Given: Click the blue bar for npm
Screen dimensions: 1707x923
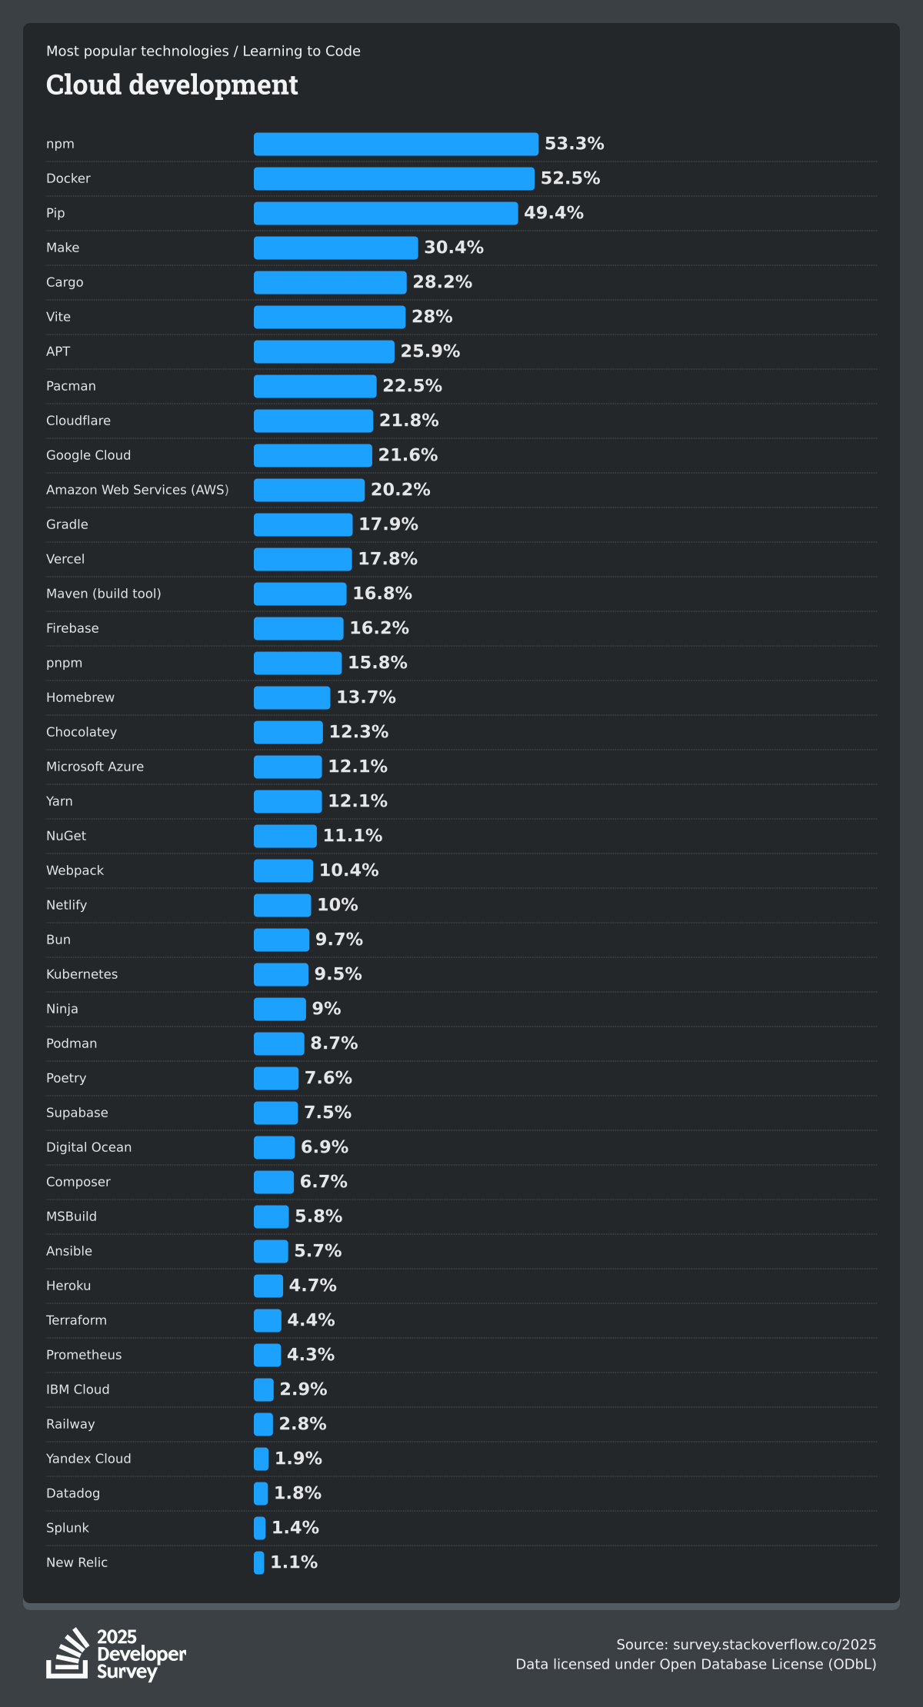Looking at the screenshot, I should (x=395, y=144).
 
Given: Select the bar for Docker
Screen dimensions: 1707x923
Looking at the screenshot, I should (x=394, y=178).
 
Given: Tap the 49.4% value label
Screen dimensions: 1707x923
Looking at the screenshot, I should (x=553, y=213).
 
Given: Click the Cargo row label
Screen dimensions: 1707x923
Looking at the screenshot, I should (x=65, y=282).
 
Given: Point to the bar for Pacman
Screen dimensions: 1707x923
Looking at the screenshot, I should (x=315, y=386).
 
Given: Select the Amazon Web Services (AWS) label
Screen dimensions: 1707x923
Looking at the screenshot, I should (x=137, y=490).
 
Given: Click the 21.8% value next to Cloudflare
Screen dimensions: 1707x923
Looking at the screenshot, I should (x=408, y=421).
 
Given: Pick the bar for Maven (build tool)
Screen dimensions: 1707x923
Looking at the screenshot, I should (x=300, y=594).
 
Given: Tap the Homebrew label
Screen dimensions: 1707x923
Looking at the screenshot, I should (x=80, y=697).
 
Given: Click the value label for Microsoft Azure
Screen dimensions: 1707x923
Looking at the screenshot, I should (x=358, y=767).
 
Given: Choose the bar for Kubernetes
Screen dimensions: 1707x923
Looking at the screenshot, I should (x=281, y=974).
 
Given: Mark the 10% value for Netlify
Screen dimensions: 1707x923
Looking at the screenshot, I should (x=337, y=905).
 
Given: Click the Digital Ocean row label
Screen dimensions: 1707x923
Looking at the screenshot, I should (x=88, y=1147).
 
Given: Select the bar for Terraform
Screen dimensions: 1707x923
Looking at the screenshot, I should (x=268, y=1320).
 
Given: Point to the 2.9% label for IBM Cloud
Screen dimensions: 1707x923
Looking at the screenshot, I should (x=303, y=1389).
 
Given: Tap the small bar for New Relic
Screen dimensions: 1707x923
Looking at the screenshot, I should (x=259, y=1562).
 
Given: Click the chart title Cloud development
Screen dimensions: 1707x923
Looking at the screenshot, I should (x=172, y=85).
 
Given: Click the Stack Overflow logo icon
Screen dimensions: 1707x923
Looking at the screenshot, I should (x=68, y=1652).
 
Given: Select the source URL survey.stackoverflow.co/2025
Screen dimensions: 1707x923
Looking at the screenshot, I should (x=774, y=1645).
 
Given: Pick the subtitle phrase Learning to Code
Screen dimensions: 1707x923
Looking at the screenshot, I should (x=302, y=52).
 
